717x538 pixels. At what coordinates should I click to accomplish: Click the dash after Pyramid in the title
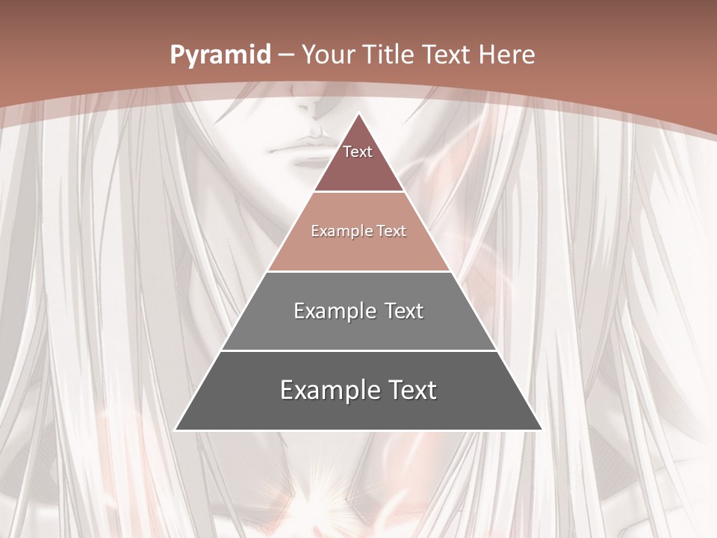(x=286, y=55)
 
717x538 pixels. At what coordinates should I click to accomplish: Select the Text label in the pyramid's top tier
(x=358, y=152)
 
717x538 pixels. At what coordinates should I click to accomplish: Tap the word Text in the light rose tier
(x=392, y=231)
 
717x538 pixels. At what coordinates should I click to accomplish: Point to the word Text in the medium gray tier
(x=403, y=311)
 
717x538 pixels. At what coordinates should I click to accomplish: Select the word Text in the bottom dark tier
(x=412, y=390)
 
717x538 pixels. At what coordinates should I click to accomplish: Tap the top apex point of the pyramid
(x=358, y=114)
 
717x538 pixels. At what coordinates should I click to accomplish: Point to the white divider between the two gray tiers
(x=358, y=350)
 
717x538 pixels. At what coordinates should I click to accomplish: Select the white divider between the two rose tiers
(x=358, y=192)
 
